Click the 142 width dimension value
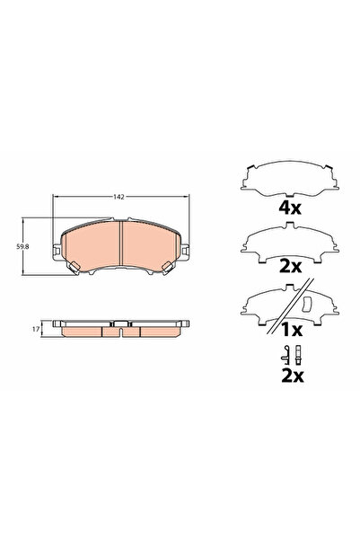click(118, 194)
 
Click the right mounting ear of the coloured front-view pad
click(170, 264)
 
